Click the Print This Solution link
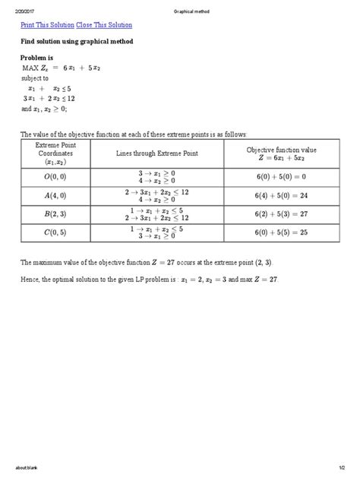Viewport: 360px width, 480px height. (x=47, y=26)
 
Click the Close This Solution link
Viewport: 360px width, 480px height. (x=103, y=26)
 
